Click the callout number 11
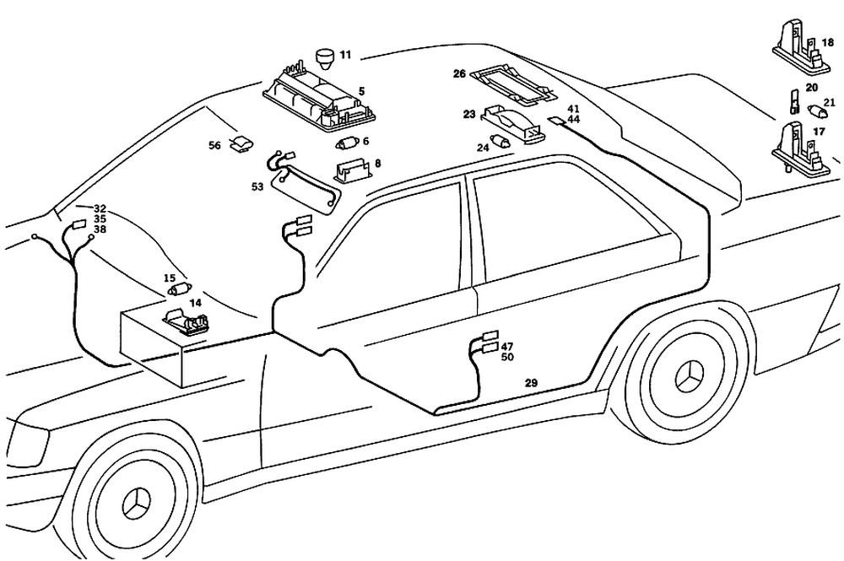click(x=345, y=56)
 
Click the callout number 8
click(x=377, y=164)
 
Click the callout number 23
click(x=469, y=114)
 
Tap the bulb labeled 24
click(x=502, y=143)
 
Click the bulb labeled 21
click(x=818, y=111)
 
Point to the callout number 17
click(x=819, y=132)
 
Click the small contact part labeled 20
click(x=794, y=102)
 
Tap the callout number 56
click(x=215, y=146)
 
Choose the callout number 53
click(x=257, y=186)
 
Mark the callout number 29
click(x=531, y=383)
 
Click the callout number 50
click(x=507, y=358)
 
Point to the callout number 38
click(x=100, y=229)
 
